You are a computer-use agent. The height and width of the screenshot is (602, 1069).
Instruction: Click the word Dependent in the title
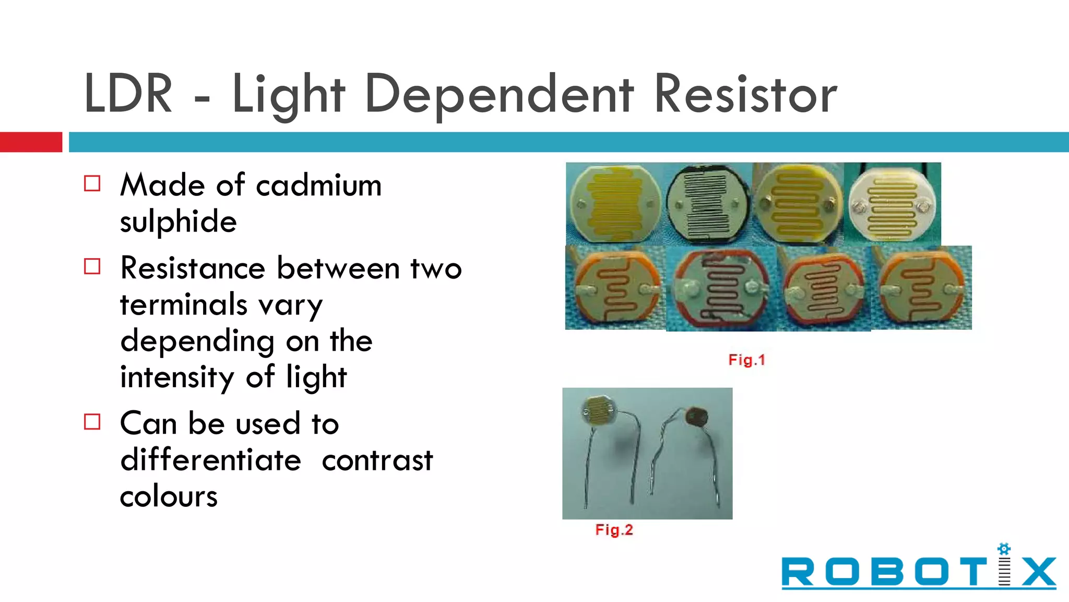point(499,95)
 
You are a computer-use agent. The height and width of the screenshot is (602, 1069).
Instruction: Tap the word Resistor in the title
point(745,95)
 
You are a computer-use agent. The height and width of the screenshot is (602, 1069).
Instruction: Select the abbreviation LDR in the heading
point(128,95)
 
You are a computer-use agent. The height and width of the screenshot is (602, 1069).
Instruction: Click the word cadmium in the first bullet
point(318,186)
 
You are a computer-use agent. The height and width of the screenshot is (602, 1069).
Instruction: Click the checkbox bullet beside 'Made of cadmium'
point(92,183)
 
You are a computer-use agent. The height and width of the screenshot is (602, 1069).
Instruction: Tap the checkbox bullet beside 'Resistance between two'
point(92,267)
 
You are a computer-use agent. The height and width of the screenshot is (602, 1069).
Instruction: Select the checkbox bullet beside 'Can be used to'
point(92,422)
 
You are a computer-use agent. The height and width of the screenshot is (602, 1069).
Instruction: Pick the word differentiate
point(211,460)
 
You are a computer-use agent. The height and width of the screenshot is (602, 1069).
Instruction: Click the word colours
point(169,496)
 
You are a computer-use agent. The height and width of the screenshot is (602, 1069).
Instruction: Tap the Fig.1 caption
point(746,360)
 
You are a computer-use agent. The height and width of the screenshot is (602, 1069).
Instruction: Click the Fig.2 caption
point(614,530)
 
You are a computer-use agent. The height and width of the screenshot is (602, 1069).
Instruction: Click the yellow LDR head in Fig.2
point(600,409)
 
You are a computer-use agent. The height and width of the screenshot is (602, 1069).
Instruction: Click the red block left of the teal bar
point(31,142)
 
